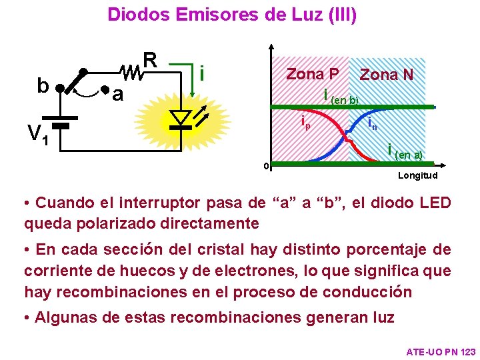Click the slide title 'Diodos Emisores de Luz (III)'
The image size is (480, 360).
(x=232, y=15)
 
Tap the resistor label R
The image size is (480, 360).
(x=150, y=60)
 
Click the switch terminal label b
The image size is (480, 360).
(x=43, y=86)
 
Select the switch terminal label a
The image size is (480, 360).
(x=117, y=95)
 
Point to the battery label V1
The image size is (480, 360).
(x=37, y=136)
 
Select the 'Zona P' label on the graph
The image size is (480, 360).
(x=312, y=73)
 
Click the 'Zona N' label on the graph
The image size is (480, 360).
(x=387, y=75)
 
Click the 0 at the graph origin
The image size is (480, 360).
(x=265, y=166)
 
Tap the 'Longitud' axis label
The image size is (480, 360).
(x=417, y=176)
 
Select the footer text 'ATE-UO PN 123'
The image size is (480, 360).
(x=441, y=351)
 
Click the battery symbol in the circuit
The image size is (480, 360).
(x=61, y=126)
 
